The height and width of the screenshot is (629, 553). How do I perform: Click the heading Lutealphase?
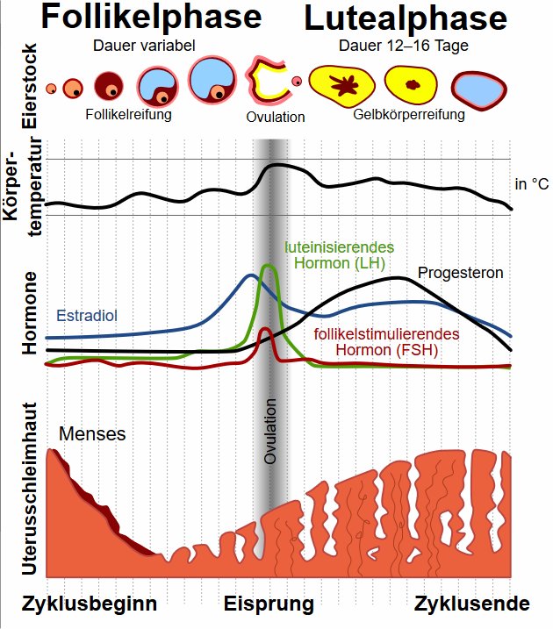[x=406, y=18]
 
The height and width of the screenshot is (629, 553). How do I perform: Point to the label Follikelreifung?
[x=128, y=114]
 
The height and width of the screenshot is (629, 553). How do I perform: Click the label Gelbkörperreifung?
[x=396, y=114]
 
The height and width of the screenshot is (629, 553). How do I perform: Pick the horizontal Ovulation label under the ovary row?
[x=276, y=117]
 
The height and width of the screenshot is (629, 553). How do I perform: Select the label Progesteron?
[x=460, y=273]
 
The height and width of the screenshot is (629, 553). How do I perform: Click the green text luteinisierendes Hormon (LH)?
[x=338, y=254]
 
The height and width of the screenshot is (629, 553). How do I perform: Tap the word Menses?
[x=93, y=433]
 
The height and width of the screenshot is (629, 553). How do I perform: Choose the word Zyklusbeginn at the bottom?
[x=89, y=604]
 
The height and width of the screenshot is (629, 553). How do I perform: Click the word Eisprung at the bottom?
[x=269, y=604]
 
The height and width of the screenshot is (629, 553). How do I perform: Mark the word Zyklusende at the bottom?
[x=472, y=604]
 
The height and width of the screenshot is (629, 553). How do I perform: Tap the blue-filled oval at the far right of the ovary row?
[x=480, y=88]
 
